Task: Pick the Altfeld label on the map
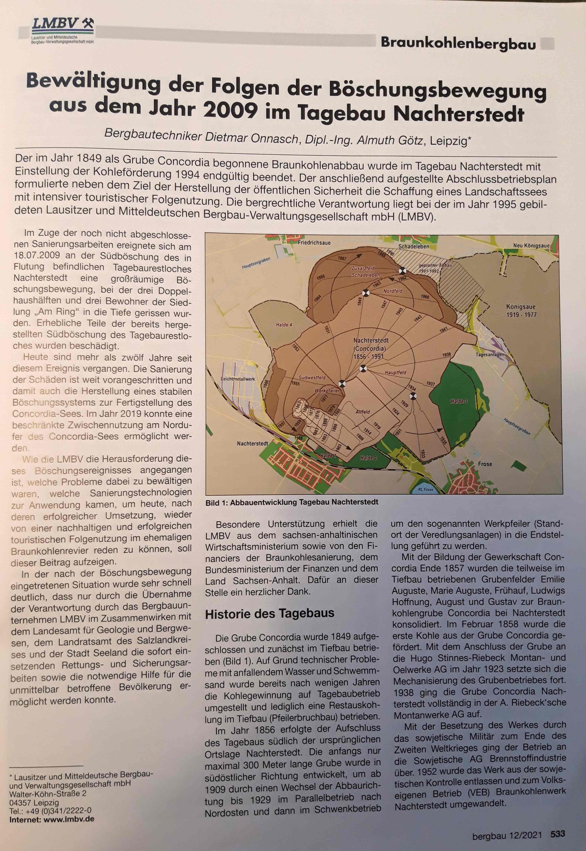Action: pos(362,412)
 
